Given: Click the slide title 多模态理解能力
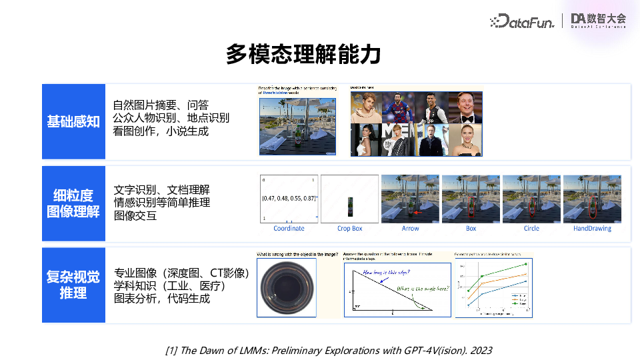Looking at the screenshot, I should pyautogui.click(x=303, y=54).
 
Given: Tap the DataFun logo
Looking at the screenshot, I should pyautogui.click(x=522, y=21).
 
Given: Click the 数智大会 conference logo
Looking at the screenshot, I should pyautogui.click(x=599, y=21).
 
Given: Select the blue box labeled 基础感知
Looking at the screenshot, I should pyautogui.click(x=73, y=121).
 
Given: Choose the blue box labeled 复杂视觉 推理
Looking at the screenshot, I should pyautogui.click(x=73, y=285).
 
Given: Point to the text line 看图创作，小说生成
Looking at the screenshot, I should pyautogui.click(x=161, y=131).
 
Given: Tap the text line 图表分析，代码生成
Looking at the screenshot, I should pyautogui.click(x=162, y=299).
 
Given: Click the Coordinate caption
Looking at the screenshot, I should pyautogui.click(x=289, y=229).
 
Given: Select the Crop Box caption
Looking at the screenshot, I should pyautogui.click(x=349, y=229).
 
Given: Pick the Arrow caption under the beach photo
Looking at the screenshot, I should pyautogui.click(x=411, y=229).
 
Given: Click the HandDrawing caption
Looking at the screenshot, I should pyautogui.click(x=592, y=229).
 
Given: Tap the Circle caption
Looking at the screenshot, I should pyautogui.click(x=531, y=229).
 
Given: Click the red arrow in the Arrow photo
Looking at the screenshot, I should pyautogui.click(x=418, y=213).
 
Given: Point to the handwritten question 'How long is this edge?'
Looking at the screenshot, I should pyautogui.click(x=386, y=273).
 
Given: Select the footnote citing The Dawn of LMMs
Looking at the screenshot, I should pyautogui.click(x=328, y=350).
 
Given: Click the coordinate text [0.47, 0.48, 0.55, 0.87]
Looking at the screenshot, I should pyautogui.click(x=289, y=198).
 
